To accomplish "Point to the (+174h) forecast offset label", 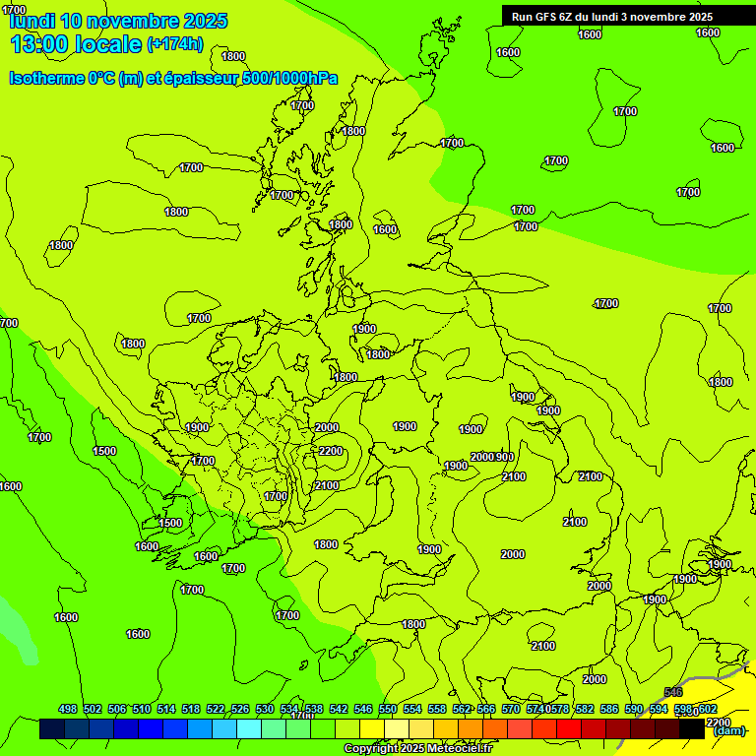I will pos(175,43).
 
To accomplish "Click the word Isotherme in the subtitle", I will pos(46,78).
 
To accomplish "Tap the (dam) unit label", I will pos(728,730).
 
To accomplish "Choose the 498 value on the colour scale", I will pos(68,709).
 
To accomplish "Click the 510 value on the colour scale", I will pos(142,709).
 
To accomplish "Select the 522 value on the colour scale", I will pos(216,709).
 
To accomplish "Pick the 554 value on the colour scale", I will pos(412,709).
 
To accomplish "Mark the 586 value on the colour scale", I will pos(609,709).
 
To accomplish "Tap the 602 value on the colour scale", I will pos(707,709).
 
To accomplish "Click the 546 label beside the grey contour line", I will pos(673,693).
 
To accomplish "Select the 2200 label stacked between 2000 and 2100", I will pos(331,451).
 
